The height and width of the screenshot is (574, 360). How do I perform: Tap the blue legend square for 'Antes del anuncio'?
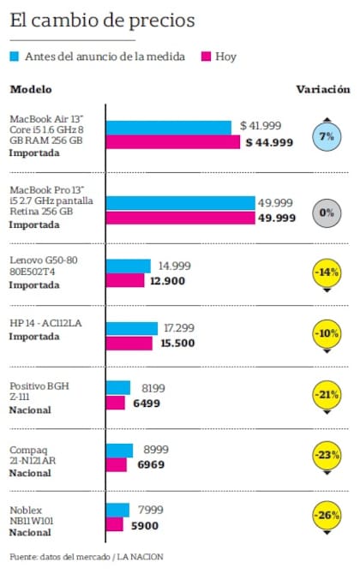point(15,57)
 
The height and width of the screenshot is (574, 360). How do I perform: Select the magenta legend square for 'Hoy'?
point(206,57)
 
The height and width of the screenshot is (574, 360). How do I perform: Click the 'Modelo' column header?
point(30,89)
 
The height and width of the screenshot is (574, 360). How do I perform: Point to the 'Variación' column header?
point(323,89)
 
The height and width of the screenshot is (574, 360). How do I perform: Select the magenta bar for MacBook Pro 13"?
point(181,218)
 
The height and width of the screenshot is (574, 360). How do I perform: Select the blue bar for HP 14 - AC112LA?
point(132,328)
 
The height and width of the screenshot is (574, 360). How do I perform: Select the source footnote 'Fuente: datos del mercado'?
point(59,558)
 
